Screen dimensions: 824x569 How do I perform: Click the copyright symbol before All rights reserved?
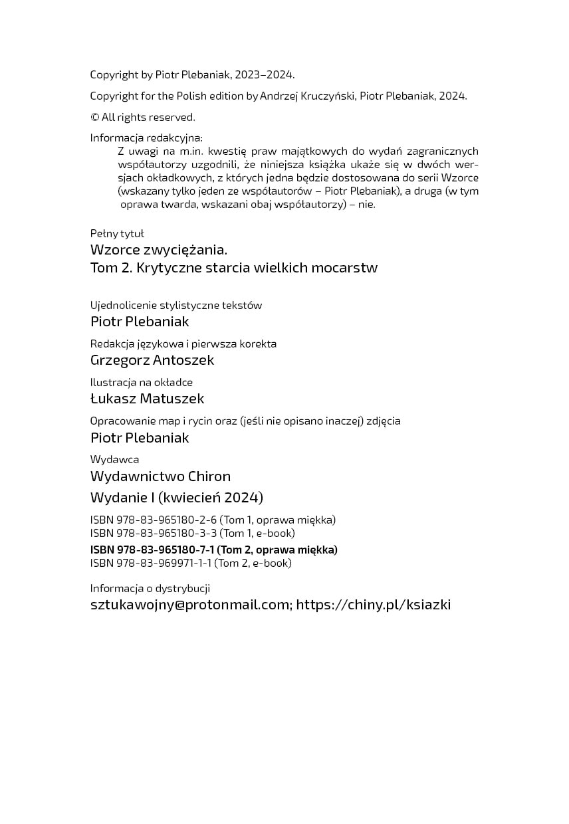point(95,118)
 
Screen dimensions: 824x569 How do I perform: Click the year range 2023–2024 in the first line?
point(265,74)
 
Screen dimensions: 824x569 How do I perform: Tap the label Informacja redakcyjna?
point(146,138)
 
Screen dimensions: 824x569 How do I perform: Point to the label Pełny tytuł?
point(117,233)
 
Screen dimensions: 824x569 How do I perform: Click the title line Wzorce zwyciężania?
point(159,250)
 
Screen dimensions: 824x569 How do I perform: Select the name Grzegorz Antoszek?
point(152,360)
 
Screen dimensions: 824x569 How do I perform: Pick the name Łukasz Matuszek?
point(147,399)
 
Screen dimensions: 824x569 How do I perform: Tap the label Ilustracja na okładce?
point(142,382)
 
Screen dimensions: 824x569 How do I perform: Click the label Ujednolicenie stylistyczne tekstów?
point(176,305)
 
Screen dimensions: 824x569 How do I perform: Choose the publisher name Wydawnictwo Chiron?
point(160,476)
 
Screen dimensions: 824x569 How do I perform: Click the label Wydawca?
point(114,459)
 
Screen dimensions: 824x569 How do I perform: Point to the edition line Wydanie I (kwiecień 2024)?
point(177,497)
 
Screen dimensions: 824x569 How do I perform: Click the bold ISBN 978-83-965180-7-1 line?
point(213,550)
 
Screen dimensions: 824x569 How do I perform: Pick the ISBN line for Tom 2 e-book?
point(191,563)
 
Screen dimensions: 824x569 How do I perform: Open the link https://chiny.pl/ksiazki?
point(373,605)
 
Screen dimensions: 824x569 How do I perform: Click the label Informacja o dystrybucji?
point(150,588)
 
